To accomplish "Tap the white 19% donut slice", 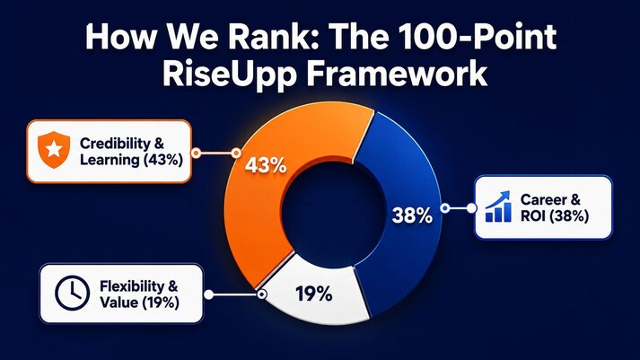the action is click(314, 293).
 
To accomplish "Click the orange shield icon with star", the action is click(54, 150).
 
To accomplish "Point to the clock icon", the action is click(72, 293).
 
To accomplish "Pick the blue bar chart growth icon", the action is click(498, 206).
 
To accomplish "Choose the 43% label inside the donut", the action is click(266, 166).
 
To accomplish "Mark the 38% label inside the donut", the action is click(412, 215).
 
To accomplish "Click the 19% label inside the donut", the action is click(313, 294).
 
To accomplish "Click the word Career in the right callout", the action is click(544, 199).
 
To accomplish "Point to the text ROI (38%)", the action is click(555, 215).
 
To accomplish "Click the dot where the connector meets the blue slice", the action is click(445, 208).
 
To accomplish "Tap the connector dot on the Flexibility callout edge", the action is click(208, 294).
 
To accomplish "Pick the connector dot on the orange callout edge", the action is click(197, 153).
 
